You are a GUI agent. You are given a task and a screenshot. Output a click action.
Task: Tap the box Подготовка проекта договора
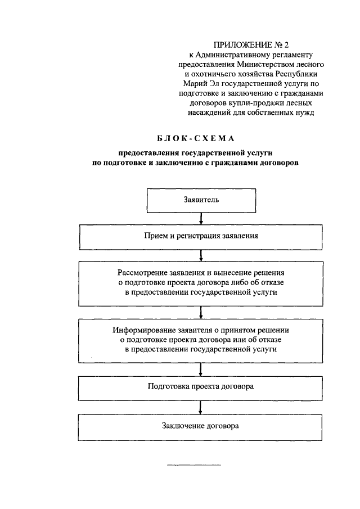[201, 388]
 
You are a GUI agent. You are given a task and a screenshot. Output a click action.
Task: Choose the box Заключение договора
[201, 426]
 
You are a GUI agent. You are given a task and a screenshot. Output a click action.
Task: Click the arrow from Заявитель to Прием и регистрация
[201, 219]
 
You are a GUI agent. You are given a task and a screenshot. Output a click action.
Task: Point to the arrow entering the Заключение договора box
[201, 407]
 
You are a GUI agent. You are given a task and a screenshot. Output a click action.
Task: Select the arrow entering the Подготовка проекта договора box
[201, 370]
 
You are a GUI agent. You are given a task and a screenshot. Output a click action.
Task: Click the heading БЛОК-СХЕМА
[196, 138]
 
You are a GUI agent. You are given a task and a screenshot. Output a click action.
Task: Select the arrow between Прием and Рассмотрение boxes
[201, 256]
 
